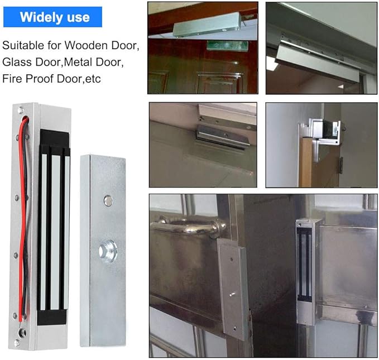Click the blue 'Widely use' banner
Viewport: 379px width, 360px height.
point(55,17)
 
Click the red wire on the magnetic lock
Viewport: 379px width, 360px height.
point(22,223)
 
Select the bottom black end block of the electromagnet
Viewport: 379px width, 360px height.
point(54,317)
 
